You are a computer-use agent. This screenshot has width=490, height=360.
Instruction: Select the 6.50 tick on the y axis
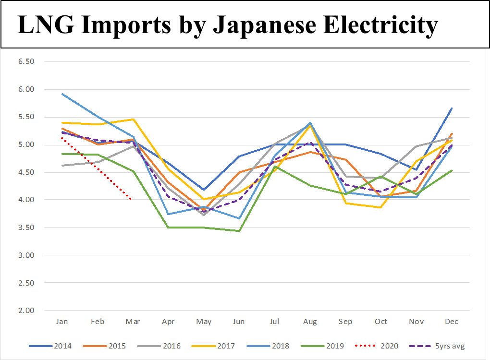click(x=26, y=61)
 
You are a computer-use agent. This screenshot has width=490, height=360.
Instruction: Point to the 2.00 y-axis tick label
click(x=26, y=311)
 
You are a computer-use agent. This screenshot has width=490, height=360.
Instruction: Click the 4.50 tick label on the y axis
click(x=26, y=172)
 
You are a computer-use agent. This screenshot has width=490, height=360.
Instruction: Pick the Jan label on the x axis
click(x=62, y=322)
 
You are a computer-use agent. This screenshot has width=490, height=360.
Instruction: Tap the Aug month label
click(x=310, y=322)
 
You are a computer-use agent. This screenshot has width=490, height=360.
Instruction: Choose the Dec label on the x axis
click(x=451, y=322)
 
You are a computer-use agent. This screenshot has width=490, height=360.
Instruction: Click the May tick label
click(x=204, y=322)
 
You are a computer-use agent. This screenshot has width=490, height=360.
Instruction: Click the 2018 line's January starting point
click(x=62, y=94)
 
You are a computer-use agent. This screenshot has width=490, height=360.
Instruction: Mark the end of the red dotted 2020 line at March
click(x=131, y=199)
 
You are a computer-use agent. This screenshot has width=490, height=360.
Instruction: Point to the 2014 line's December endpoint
click(x=452, y=108)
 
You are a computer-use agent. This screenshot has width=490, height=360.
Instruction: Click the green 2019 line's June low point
click(x=239, y=231)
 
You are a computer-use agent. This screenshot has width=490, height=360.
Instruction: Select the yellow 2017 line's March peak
click(x=133, y=119)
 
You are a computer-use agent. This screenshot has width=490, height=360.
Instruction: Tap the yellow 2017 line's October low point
click(x=381, y=207)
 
